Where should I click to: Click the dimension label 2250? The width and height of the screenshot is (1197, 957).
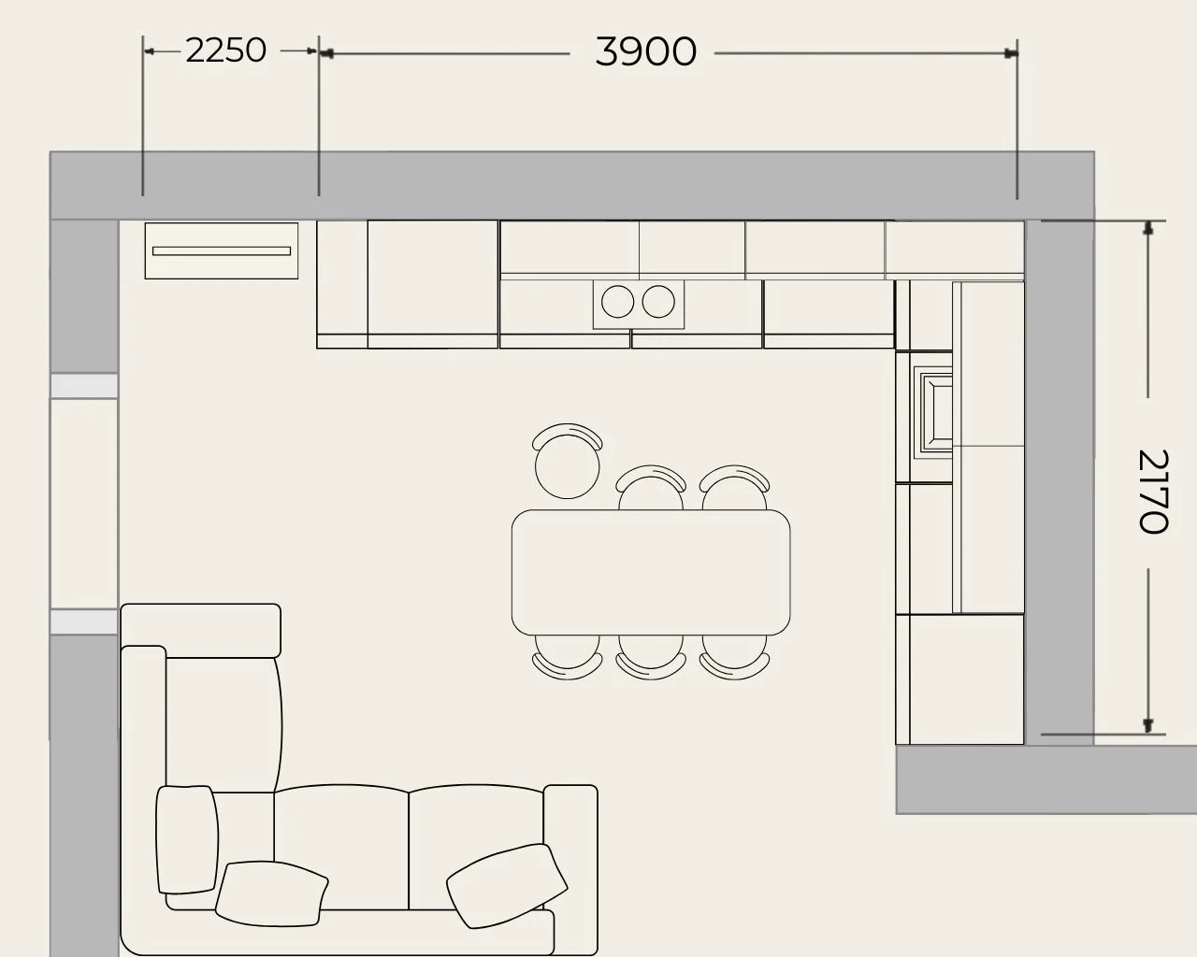click(225, 50)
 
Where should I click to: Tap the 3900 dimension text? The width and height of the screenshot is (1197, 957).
click(645, 51)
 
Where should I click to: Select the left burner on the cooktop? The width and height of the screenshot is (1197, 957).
click(617, 301)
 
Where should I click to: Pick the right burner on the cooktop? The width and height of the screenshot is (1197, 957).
click(658, 301)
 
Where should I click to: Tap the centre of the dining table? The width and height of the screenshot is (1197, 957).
click(651, 572)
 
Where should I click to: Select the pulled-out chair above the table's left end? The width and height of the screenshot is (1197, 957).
click(568, 461)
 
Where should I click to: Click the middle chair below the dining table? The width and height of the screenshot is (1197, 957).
click(651, 657)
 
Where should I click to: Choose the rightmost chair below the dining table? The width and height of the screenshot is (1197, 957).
click(734, 657)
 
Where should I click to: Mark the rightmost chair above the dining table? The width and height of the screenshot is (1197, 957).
click(734, 488)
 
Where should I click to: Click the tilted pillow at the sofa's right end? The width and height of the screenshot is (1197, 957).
click(507, 886)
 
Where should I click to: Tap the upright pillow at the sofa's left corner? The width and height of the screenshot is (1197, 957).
click(187, 840)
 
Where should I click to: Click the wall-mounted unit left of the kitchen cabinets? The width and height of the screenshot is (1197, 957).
click(222, 250)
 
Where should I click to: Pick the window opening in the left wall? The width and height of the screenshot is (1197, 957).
click(84, 504)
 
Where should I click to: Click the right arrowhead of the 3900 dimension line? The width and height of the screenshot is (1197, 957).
click(1011, 53)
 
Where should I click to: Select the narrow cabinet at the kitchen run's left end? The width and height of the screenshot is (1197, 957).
click(342, 284)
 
